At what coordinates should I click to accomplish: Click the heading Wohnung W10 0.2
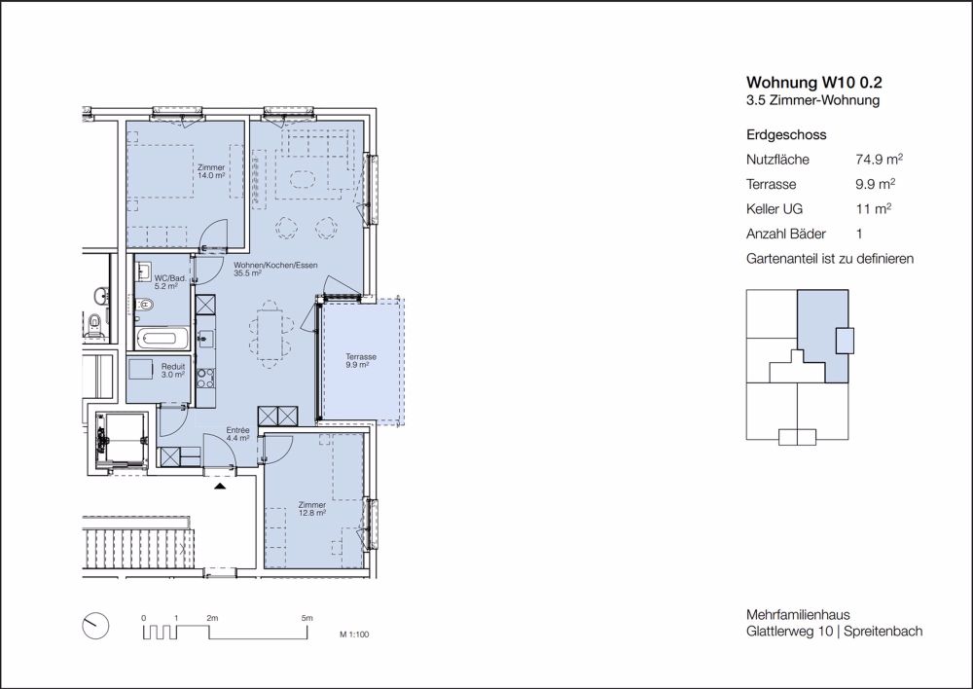814,83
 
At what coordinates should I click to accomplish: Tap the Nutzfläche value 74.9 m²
879,159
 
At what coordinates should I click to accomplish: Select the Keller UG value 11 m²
873,208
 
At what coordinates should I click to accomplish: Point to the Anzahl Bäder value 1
859,234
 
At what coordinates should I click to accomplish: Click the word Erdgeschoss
786,134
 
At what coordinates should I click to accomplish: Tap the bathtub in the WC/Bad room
162,339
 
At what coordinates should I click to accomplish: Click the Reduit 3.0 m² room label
173,371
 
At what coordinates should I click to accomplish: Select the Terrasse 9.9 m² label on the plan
361,361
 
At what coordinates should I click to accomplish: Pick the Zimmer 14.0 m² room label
211,171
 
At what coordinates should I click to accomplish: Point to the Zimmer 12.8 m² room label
311,509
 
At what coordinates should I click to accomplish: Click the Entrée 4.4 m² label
237,434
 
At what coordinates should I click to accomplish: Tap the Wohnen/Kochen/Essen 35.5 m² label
275,269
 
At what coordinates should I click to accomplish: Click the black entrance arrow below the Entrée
220,486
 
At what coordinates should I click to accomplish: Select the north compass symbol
95,626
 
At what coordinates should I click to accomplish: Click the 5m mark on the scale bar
307,618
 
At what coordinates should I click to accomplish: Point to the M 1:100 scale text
354,635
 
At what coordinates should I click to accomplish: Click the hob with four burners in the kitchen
205,378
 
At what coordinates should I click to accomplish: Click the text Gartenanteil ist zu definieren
830,259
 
